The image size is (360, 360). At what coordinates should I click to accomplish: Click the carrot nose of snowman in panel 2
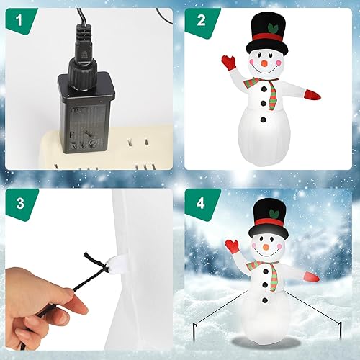point(266,65)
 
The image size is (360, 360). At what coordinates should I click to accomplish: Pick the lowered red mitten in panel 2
point(312,94)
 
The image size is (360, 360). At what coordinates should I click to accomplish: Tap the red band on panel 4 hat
point(267,231)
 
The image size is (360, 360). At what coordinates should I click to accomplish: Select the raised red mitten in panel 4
point(231,246)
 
